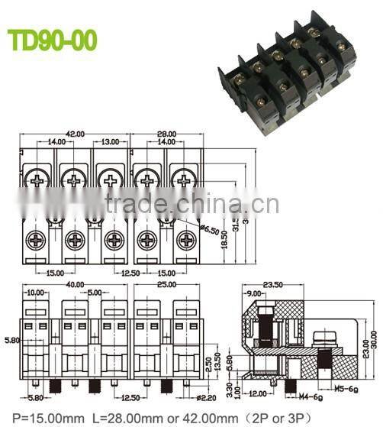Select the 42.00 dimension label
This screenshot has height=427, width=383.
[75, 133]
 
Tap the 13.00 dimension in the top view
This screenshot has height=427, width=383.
[110, 142]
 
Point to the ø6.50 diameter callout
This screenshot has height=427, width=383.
[209, 228]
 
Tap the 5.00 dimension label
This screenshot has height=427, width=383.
[94, 293]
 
